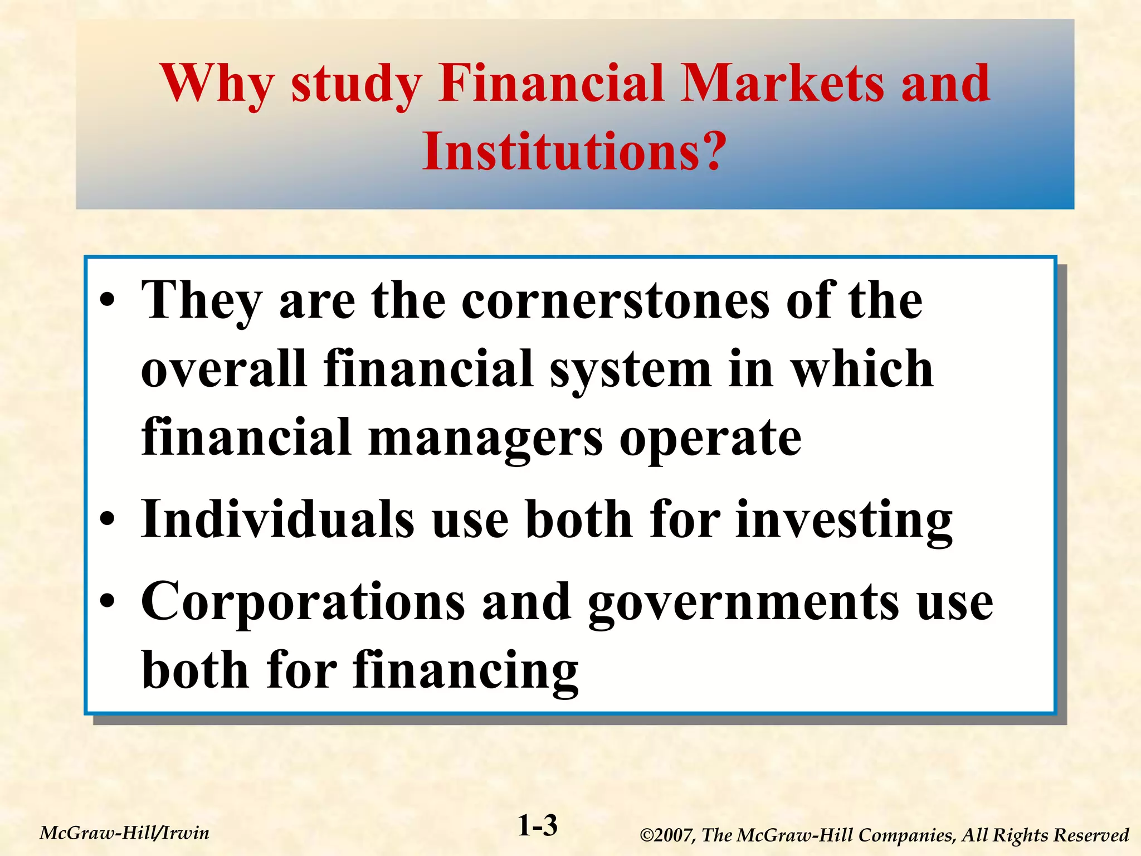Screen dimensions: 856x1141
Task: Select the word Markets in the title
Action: point(782,84)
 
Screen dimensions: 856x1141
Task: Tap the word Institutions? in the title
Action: point(574,152)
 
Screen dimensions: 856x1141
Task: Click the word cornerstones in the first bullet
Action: point(615,301)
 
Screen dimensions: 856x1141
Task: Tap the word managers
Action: point(485,437)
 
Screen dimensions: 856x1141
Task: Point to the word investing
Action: point(844,519)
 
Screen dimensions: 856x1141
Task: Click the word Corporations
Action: point(303,602)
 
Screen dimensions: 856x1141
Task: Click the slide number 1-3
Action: point(538,826)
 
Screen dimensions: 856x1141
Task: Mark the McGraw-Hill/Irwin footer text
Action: point(125,833)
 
